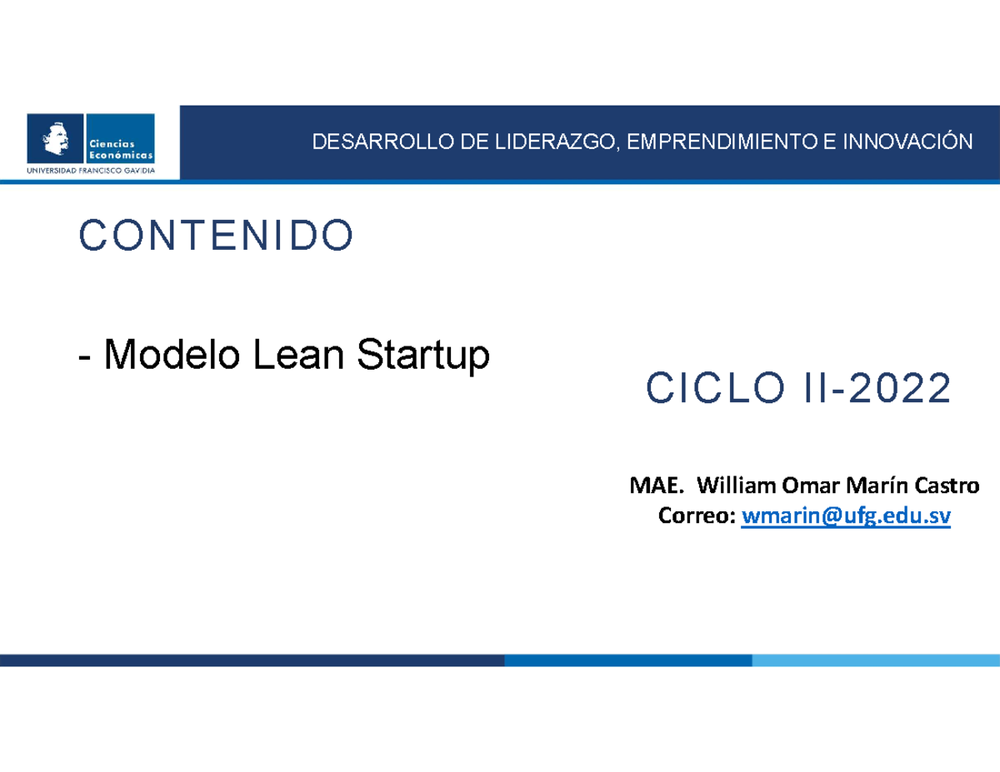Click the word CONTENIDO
(216, 237)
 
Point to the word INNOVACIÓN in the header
(907, 142)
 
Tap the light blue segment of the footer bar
(875, 660)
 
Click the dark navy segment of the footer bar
(250, 660)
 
